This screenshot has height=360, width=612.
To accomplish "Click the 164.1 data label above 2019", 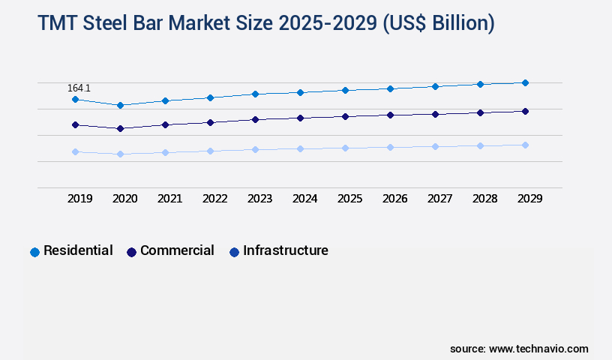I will tap(79, 88).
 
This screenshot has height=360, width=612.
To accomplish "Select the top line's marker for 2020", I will tap(120, 105).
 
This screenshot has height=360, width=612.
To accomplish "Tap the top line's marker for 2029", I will tap(525, 82).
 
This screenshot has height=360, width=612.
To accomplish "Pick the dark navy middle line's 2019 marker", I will tap(75, 124).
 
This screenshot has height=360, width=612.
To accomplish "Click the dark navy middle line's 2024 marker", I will tap(300, 118).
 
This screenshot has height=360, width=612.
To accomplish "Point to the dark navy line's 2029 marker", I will tap(525, 111).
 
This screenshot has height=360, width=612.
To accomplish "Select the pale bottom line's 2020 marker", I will tap(120, 154).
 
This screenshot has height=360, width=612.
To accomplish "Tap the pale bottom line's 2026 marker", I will tap(390, 147).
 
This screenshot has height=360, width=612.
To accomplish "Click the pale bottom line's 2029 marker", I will tap(525, 145).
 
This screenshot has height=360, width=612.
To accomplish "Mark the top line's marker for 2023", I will tap(255, 94).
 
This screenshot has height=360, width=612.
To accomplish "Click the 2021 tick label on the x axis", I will tap(169, 199).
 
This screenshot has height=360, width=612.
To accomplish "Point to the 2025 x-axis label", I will tap(349, 199).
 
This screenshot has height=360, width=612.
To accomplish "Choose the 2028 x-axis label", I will tap(484, 199).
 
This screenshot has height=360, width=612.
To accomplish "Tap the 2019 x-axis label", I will tap(79, 199).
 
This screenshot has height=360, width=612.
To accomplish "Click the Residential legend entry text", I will tap(78, 250).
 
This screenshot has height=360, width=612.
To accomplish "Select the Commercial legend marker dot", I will tap(131, 252).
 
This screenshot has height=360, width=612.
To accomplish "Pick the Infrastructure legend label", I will tap(285, 250).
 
